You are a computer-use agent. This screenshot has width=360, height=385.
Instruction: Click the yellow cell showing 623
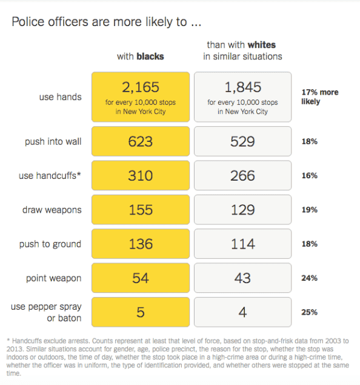[x=140, y=142]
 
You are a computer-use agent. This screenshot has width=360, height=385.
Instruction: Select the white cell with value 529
[x=242, y=142]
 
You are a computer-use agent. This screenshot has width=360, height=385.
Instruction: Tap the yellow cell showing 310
[x=140, y=176]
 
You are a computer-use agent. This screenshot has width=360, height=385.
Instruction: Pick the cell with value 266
[x=242, y=176]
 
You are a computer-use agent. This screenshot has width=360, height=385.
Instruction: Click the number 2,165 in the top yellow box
[x=140, y=88]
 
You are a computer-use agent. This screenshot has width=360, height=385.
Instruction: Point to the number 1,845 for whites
[x=242, y=88]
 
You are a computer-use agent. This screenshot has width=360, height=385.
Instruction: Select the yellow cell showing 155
[x=140, y=210]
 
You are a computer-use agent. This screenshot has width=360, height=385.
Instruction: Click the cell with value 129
[x=242, y=210]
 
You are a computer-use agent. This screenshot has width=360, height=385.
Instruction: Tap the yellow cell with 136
[x=140, y=244]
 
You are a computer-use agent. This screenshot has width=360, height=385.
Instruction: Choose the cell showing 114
[x=242, y=244]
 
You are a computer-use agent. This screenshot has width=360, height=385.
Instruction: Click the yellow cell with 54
[x=140, y=278]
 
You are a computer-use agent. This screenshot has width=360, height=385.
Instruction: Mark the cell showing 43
[x=242, y=278]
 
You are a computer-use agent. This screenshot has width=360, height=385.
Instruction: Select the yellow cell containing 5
[x=140, y=312]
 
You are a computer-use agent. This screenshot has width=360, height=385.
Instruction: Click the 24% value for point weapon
[x=309, y=278]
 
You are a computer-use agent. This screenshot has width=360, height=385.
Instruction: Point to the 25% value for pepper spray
[x=309, y=312]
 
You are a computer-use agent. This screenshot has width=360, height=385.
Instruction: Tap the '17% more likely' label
[x=319, y=97]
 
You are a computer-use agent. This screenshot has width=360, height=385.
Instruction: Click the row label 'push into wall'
[x=53, y=142]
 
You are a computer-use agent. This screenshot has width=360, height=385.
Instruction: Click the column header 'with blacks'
[x=140, y=56]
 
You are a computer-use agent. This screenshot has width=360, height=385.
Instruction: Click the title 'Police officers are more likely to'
[x=106, y=22]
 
